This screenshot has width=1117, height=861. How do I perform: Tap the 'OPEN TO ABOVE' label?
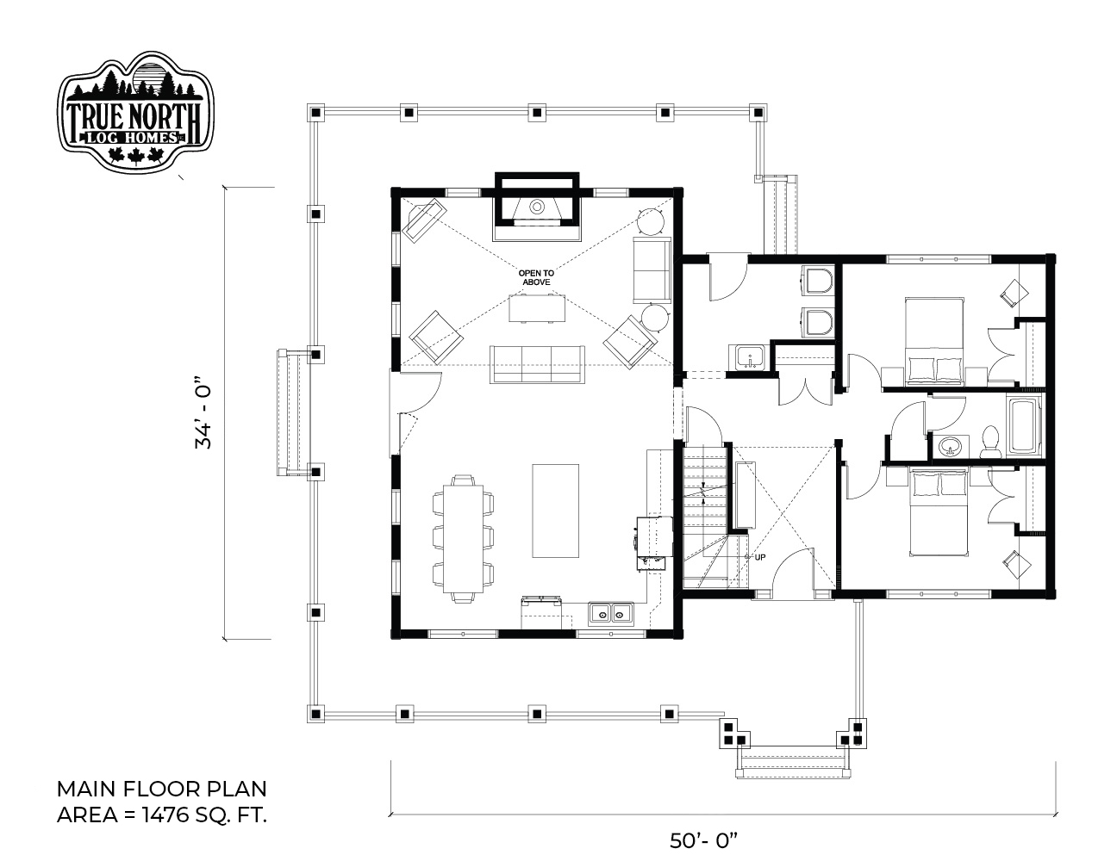536,278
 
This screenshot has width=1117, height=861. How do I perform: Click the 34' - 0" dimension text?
203,417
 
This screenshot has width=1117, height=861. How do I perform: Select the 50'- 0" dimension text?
703,841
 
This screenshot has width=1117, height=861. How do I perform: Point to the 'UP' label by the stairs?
760,557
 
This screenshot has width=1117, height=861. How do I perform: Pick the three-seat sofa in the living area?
537,364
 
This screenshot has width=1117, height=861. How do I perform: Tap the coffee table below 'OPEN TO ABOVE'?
537,308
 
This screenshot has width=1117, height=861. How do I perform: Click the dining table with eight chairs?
463,538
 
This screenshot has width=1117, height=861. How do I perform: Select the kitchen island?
555,511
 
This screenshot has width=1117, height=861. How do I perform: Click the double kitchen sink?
611,613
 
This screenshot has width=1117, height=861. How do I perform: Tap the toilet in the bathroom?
989,441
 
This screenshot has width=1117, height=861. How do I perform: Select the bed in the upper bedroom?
934,340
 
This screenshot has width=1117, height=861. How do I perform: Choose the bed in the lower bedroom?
938,512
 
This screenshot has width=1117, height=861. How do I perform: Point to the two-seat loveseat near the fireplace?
652,270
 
